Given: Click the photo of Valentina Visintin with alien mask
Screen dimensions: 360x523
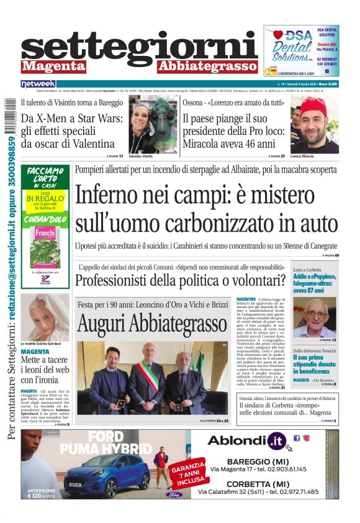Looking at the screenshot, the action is (x=153, y=124).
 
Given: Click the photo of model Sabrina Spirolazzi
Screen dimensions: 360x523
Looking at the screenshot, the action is (x=45, y=317).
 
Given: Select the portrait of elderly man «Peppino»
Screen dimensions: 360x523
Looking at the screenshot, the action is (x=314, y=317).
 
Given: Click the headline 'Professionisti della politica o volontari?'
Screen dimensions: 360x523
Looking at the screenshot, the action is (x=180, y=280).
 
